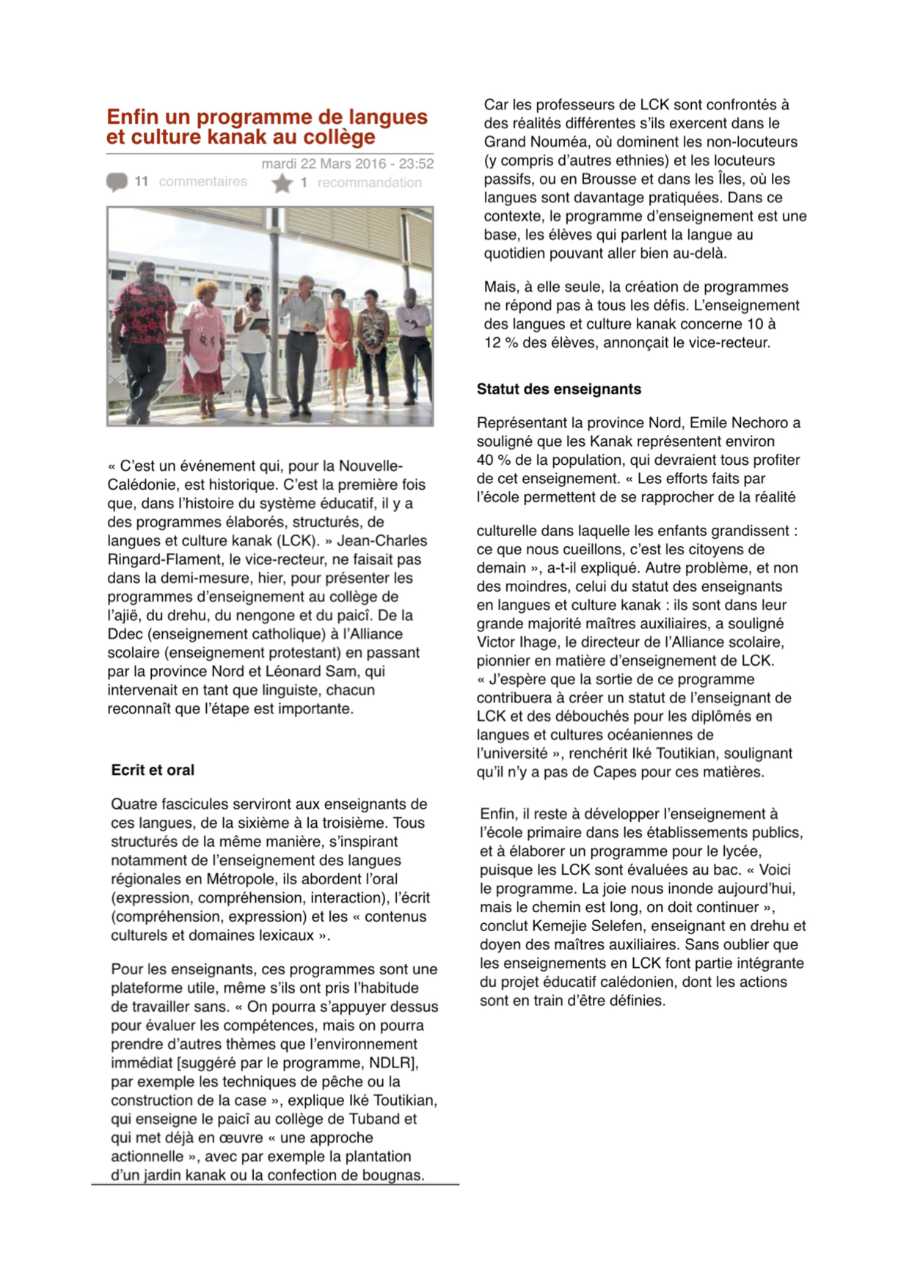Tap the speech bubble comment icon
click(x=117, y=182)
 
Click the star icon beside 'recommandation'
click(x=282, y=183)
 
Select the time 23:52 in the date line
click(x=416, y=163)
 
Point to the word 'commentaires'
click(x=202, y=182)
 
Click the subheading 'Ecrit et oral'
click(x=153, y=770)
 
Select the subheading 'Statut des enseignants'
click(x=558, y=389)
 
